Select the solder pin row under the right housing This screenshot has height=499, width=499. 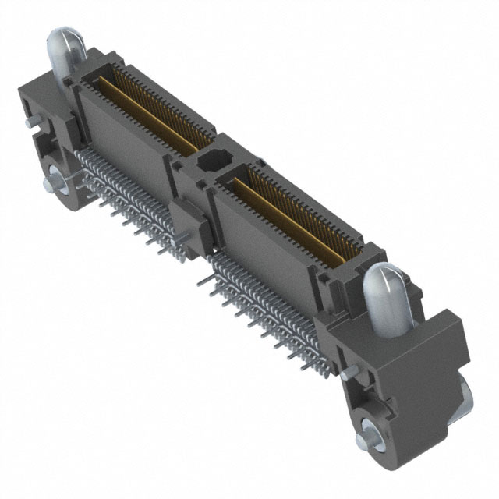click(265, 304)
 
